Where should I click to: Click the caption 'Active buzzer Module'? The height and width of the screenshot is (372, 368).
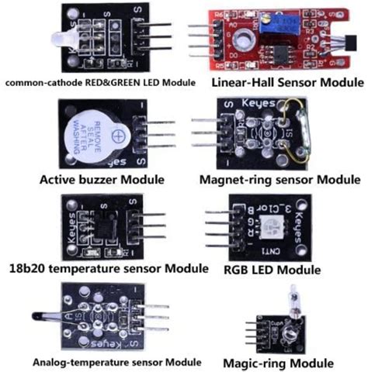101,180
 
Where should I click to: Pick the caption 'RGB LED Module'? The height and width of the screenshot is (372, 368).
271,270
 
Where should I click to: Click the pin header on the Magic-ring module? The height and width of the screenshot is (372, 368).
250,333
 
